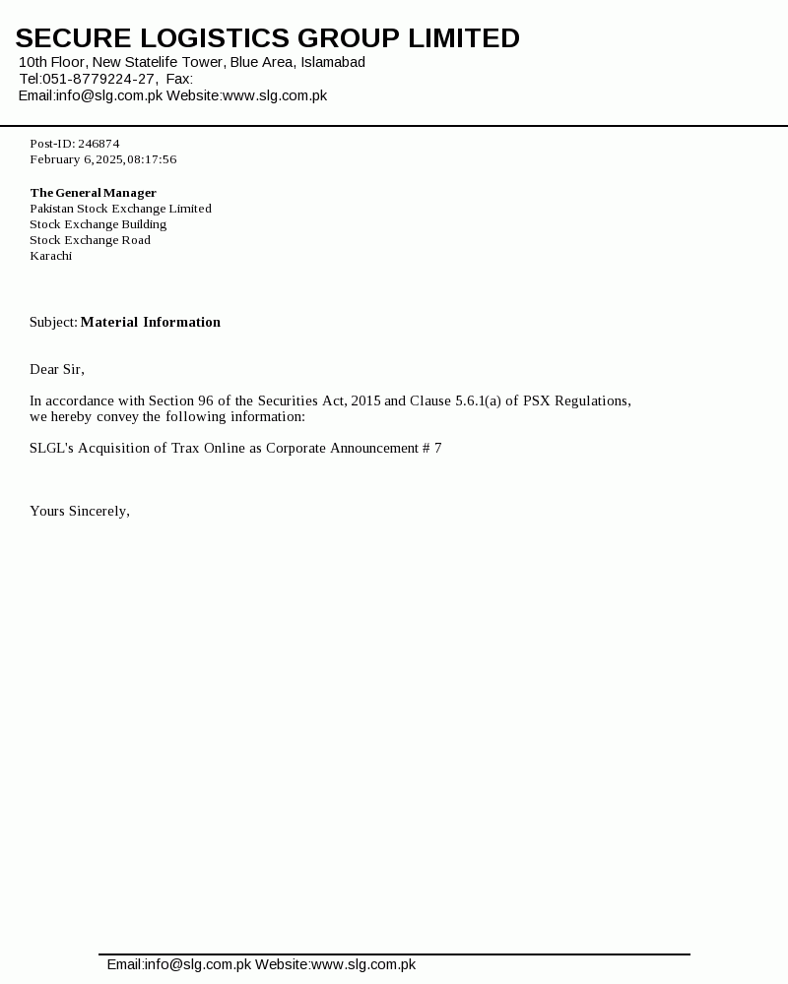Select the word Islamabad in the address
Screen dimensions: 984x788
tap(333, 62)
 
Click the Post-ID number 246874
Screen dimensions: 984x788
tap(98, 144)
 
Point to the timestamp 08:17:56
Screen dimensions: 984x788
tap(152, 159)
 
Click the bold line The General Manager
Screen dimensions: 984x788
tap(94, 193)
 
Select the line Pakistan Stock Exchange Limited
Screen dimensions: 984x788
tap(120, 209)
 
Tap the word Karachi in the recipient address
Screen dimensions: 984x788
tap(50, 256)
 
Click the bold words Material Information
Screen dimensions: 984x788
tap(150, 322)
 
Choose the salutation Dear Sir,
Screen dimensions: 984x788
tap(57, 369)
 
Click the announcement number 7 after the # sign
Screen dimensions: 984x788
tap(437, 448)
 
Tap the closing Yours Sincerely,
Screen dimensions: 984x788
tap(80, 511)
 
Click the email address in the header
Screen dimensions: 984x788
tap(108, 95)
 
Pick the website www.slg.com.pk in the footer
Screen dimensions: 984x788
tap(362, 964)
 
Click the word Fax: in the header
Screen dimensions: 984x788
tap(179, 79)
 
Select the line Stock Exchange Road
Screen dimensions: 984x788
tap(90, 240)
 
